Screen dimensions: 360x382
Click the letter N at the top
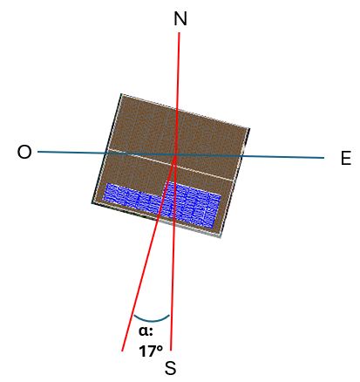[180, 18]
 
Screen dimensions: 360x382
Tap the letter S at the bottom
[171, 368]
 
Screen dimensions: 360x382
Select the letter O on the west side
[24, 152]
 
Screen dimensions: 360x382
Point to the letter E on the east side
[346, 159]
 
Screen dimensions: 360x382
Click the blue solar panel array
[162, 204]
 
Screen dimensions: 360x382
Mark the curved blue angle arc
[152, 318]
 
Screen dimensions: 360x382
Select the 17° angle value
[151, 351]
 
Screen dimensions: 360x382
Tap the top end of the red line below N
[179, 32]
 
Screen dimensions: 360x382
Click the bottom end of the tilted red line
[122, 351]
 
